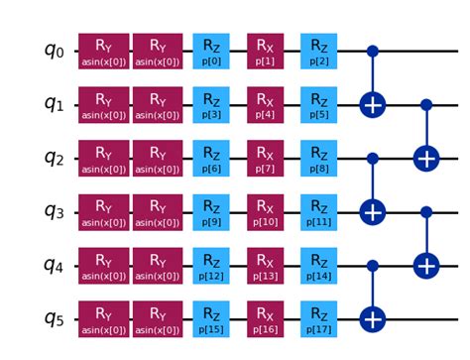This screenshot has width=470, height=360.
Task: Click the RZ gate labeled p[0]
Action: click(210, 51)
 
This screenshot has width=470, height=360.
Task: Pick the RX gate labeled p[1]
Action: click(264, 51)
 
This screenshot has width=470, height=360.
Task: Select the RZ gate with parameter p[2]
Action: click(317, 51)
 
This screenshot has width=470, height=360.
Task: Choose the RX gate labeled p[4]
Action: click(264, 104)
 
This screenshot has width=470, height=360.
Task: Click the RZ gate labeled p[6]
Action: click(210, 158)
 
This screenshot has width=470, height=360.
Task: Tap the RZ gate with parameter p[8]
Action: click(317, 158)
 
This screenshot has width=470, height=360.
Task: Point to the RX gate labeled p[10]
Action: click(264, 211)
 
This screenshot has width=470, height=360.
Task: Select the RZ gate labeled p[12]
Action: click(210, 266)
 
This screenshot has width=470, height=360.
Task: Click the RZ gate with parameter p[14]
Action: click(317, 266)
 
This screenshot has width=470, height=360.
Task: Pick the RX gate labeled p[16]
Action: click(264, 319)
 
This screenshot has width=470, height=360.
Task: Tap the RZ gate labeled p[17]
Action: click(317, 319)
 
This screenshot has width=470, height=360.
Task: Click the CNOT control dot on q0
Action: click(372, 51)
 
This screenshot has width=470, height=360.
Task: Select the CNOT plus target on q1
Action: click(372, 104)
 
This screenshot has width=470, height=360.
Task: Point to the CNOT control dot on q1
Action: click(425, 104)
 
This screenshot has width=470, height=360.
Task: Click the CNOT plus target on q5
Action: click(372, 319)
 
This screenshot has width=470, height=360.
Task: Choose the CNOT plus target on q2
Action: click(425, 158)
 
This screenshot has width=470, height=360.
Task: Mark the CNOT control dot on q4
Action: click(372, 266)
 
